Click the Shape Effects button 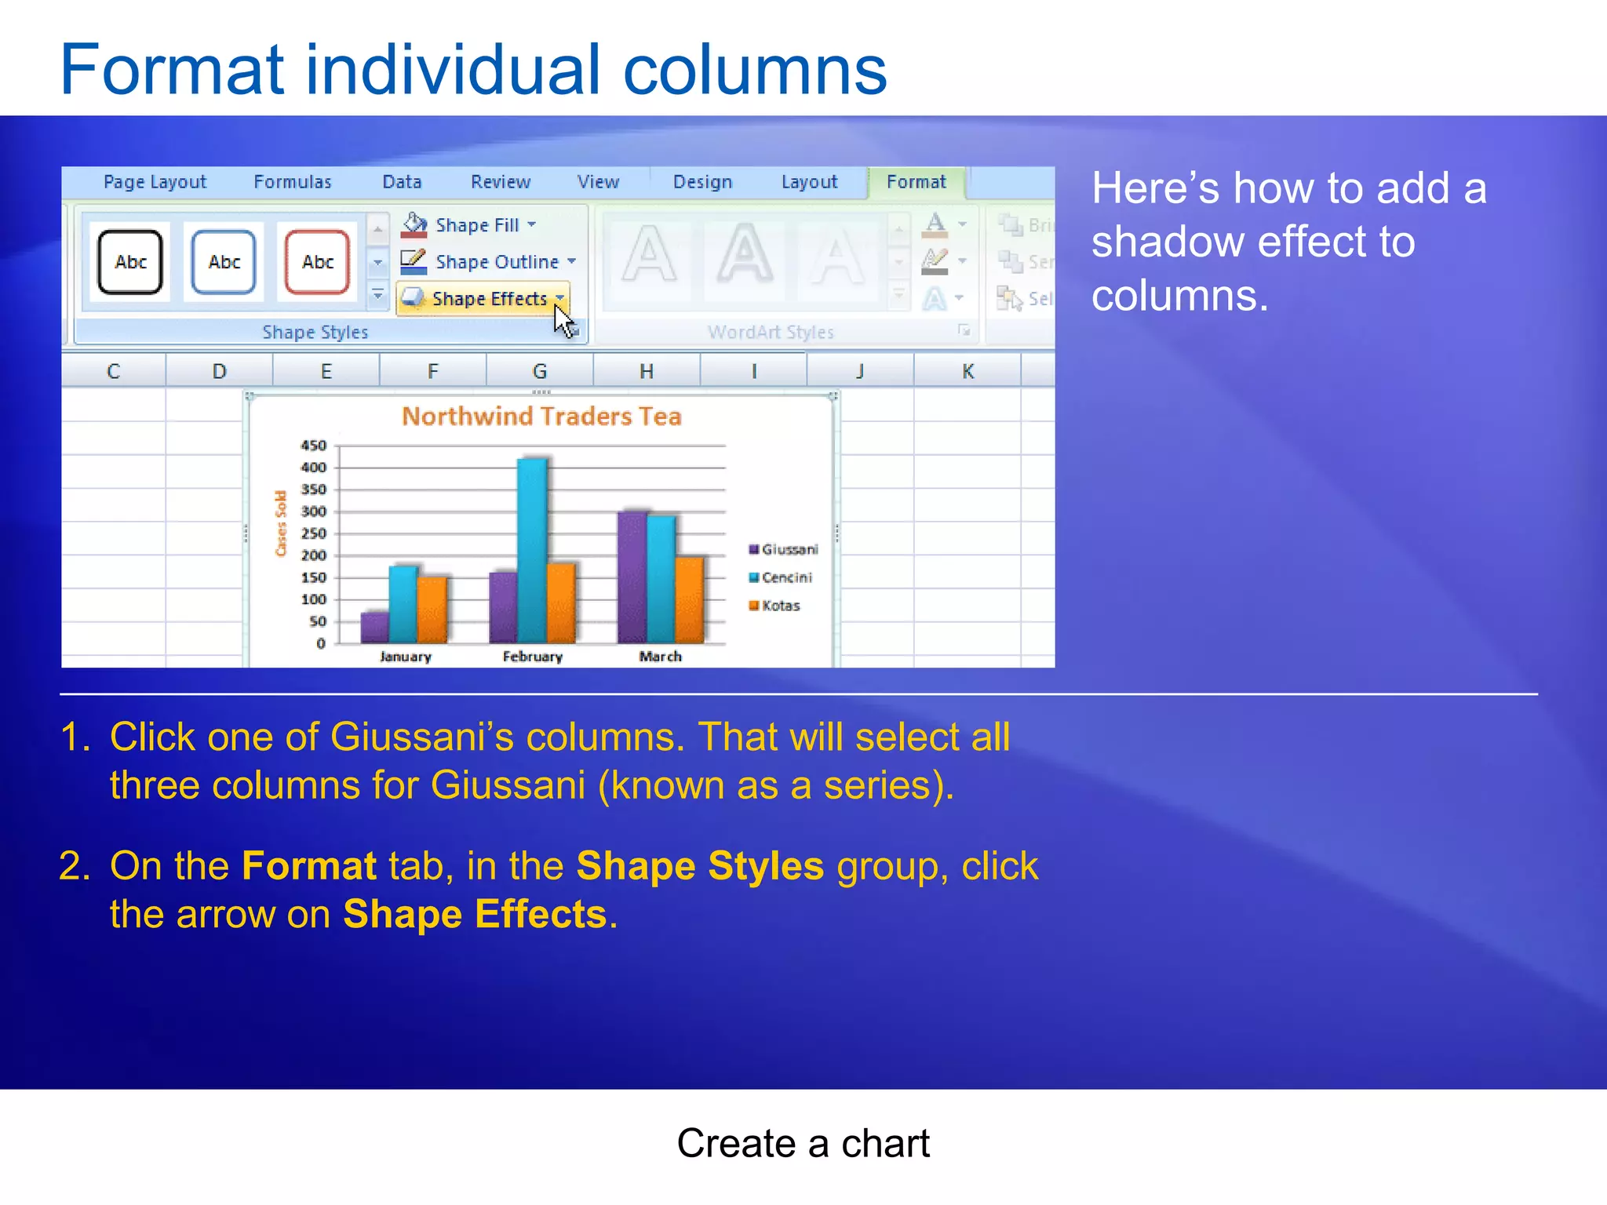click(482, 299)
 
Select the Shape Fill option click(469, 225)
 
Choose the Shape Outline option click(488, 262)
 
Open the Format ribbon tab click(916, 182)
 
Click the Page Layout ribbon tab click(155, 182)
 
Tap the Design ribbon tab click(702, 182)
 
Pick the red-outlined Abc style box click(317, 262)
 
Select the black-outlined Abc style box click(130, 262)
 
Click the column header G click(540, 371)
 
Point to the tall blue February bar click(533, 549)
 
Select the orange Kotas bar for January click(432, 610)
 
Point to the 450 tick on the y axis click(314, 446)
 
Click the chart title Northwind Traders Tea click(541, 416)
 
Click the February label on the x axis click(533, 657)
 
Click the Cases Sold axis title click(281, 523)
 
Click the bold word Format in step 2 click(309, 866)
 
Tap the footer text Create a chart click(803, 1144)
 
